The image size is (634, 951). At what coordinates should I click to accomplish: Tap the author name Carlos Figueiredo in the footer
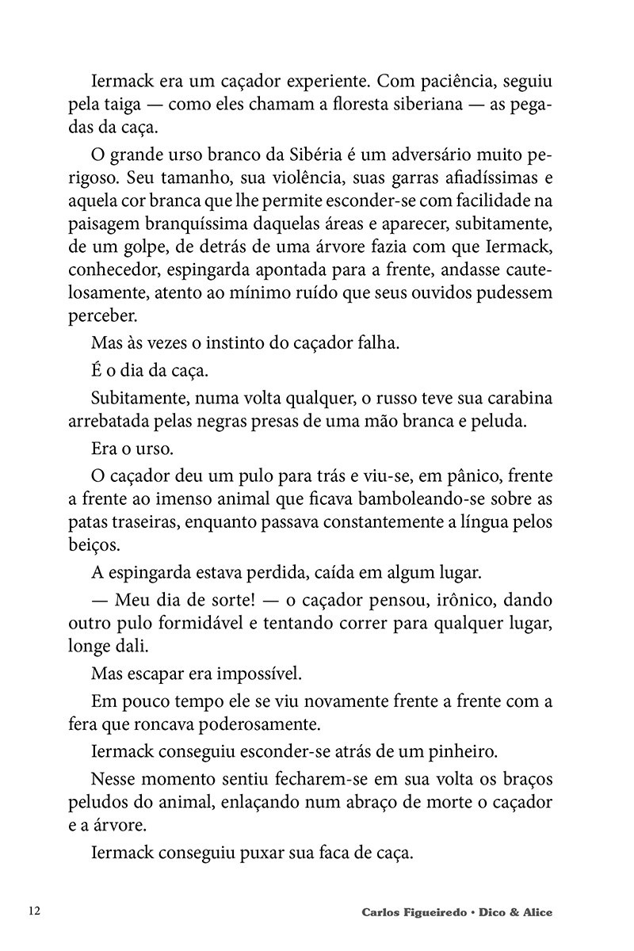[x=412, y=912]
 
